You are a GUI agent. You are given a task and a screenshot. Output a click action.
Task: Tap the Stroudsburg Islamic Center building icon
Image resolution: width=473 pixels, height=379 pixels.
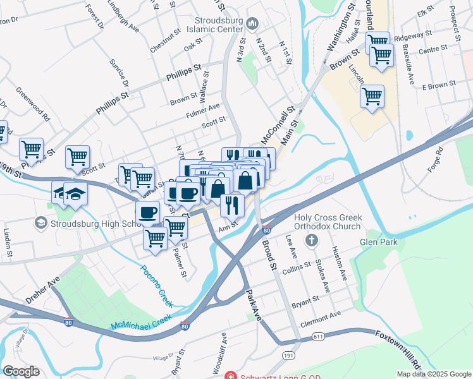click(253, 24)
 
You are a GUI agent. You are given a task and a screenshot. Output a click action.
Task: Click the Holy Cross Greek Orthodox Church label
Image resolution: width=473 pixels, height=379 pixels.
click(328, 222)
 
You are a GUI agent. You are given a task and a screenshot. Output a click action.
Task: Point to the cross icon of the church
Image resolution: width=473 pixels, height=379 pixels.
click(310, 241)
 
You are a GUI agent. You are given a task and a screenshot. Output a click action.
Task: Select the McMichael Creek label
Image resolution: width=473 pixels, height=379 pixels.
click(142, 322)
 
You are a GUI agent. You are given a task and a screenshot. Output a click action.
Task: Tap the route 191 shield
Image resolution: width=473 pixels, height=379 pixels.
click(288, 356)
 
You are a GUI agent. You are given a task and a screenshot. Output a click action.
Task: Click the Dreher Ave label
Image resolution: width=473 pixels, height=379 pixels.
click(42, 289)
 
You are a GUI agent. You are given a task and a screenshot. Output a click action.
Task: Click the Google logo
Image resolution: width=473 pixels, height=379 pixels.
click(21, 371)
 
